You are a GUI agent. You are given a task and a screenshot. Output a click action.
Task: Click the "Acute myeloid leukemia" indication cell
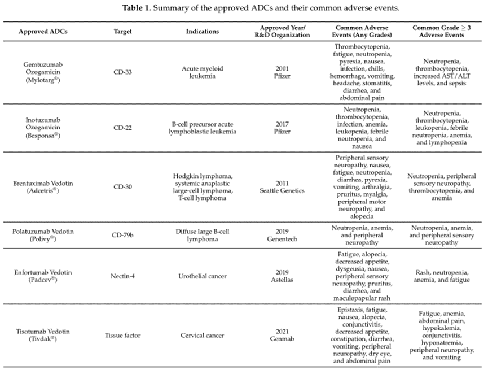point(202,73)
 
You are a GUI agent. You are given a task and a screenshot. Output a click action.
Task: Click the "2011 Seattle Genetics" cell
point(285,187)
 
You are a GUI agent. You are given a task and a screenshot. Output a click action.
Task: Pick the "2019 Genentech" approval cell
point(285,235)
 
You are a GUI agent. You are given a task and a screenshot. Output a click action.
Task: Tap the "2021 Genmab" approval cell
point(285,335)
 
